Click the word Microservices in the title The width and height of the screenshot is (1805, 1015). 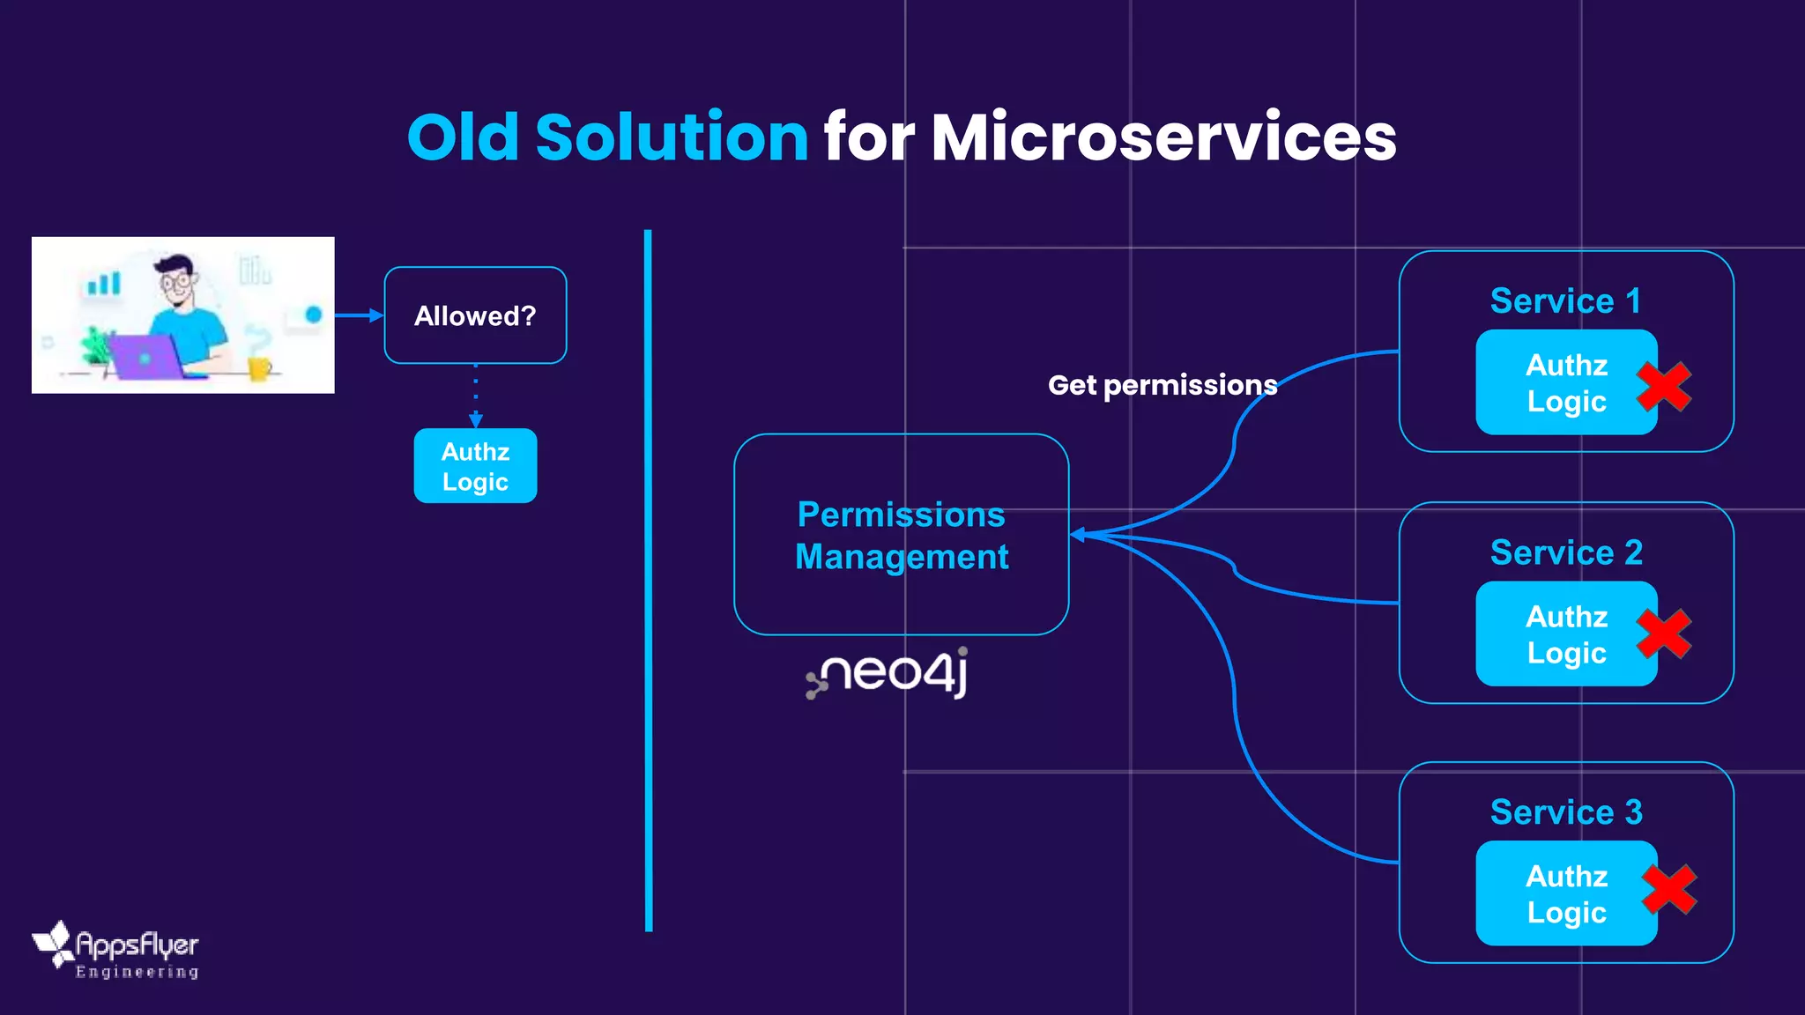[1163, 137]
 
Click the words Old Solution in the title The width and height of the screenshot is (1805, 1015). [607, 137]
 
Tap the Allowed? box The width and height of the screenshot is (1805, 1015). [475, 315]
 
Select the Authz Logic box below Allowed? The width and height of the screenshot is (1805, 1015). [475, 466]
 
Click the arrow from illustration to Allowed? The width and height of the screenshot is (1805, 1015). [358, 315]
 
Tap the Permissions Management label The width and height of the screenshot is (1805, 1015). [901, 535]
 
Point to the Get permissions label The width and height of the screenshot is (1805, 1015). [1162, 385]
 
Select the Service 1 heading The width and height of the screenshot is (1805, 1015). [1565, 301]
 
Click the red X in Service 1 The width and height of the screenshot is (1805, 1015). [1663, 387]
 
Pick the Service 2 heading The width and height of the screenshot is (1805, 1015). [1565, 552]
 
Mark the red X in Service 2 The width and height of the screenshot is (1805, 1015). [1663, 633]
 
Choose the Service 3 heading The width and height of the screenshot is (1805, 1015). [1565, 812]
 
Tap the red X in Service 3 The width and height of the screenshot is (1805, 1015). [1668, 889]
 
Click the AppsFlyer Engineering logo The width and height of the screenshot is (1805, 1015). [116, 952]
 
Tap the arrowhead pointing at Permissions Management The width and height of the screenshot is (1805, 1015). [1078, 535]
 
